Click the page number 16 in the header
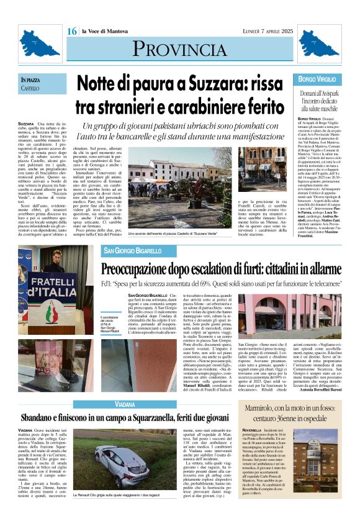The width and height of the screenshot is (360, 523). [x=71, y=31]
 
